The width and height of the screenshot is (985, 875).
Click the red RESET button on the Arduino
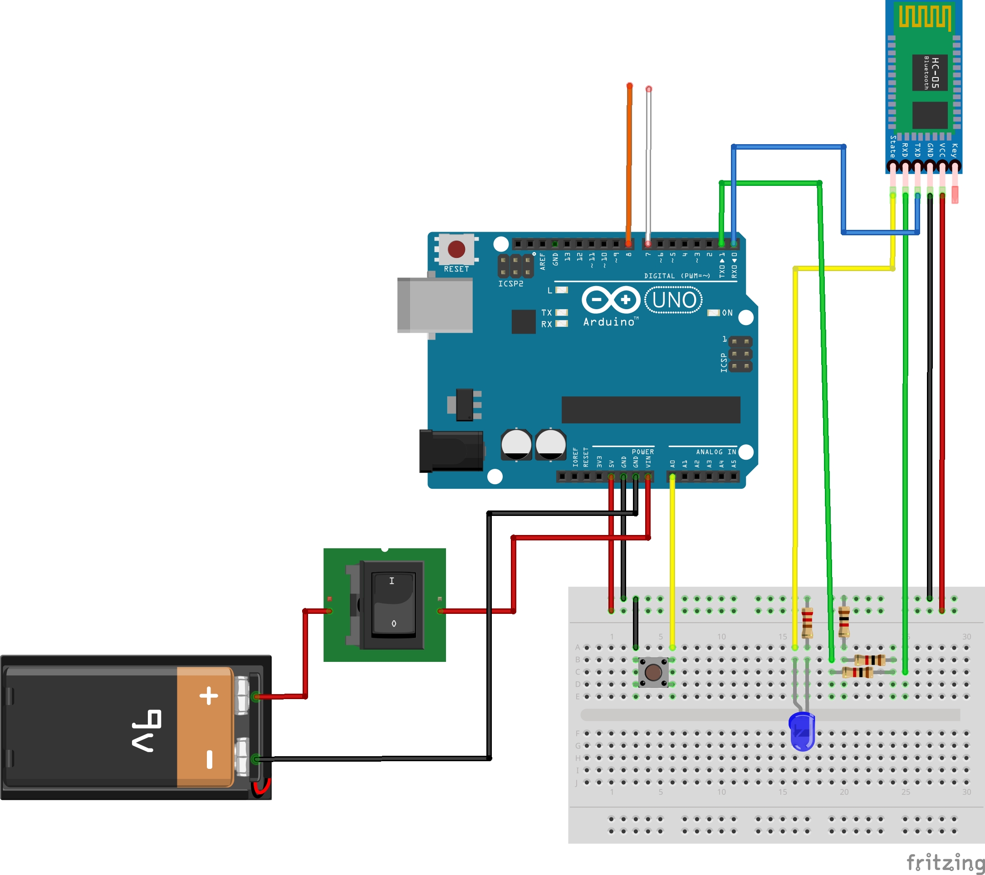click(x=456, y=249)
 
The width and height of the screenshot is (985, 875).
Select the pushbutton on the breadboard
click(x=653, y=672)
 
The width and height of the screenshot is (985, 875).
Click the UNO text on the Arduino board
click(x=674, y=300)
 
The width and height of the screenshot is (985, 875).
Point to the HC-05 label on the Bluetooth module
click(x=935, y=72)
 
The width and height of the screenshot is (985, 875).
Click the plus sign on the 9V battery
click(x=209, y=696)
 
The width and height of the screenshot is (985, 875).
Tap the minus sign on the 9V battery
click(x=209, y=759)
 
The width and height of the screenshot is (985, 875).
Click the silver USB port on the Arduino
click(x=435, y=305)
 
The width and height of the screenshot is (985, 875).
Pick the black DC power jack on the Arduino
click(x=451, y=451)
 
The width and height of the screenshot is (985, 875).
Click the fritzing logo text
click(x=945, y=862)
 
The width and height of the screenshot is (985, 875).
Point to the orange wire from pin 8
click(x=629, y=164)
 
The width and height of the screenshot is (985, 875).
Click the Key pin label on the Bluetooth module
click(x=954, y=150)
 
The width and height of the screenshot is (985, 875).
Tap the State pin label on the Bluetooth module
click(x=892, y=146)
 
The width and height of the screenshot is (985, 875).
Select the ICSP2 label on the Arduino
click(x=510, y=284)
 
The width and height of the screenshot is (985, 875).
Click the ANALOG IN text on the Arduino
click(x=716, y=452)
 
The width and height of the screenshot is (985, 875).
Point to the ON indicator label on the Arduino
click(x=727, y=312)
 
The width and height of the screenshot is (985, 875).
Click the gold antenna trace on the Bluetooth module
click(x=925, y=17)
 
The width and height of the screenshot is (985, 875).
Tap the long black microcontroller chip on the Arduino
click(x=651, y=410)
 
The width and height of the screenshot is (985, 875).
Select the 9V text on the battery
click(x=146, y=730)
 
